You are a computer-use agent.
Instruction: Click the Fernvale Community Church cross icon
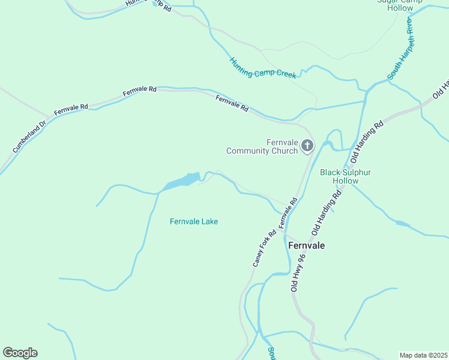click(x=307, y=145)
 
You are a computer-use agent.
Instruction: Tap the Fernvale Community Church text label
click(x=262, y=146)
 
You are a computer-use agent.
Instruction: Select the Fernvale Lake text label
click(x=194, y=221)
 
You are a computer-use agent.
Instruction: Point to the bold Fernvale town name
click(x=306, y=245)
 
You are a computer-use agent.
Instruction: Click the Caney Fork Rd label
click(x=264, y=248)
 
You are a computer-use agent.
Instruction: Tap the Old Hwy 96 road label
click(x=298, y=272)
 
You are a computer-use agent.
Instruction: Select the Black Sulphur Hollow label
click(x=345, y=176)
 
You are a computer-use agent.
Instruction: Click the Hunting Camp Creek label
click(x=263, y=68)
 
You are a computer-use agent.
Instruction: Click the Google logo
click(x=20, y=353)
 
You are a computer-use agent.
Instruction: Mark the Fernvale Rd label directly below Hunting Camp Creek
click(x=232, y=104)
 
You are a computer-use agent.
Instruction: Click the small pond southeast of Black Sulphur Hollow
click(x=402, y=223)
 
